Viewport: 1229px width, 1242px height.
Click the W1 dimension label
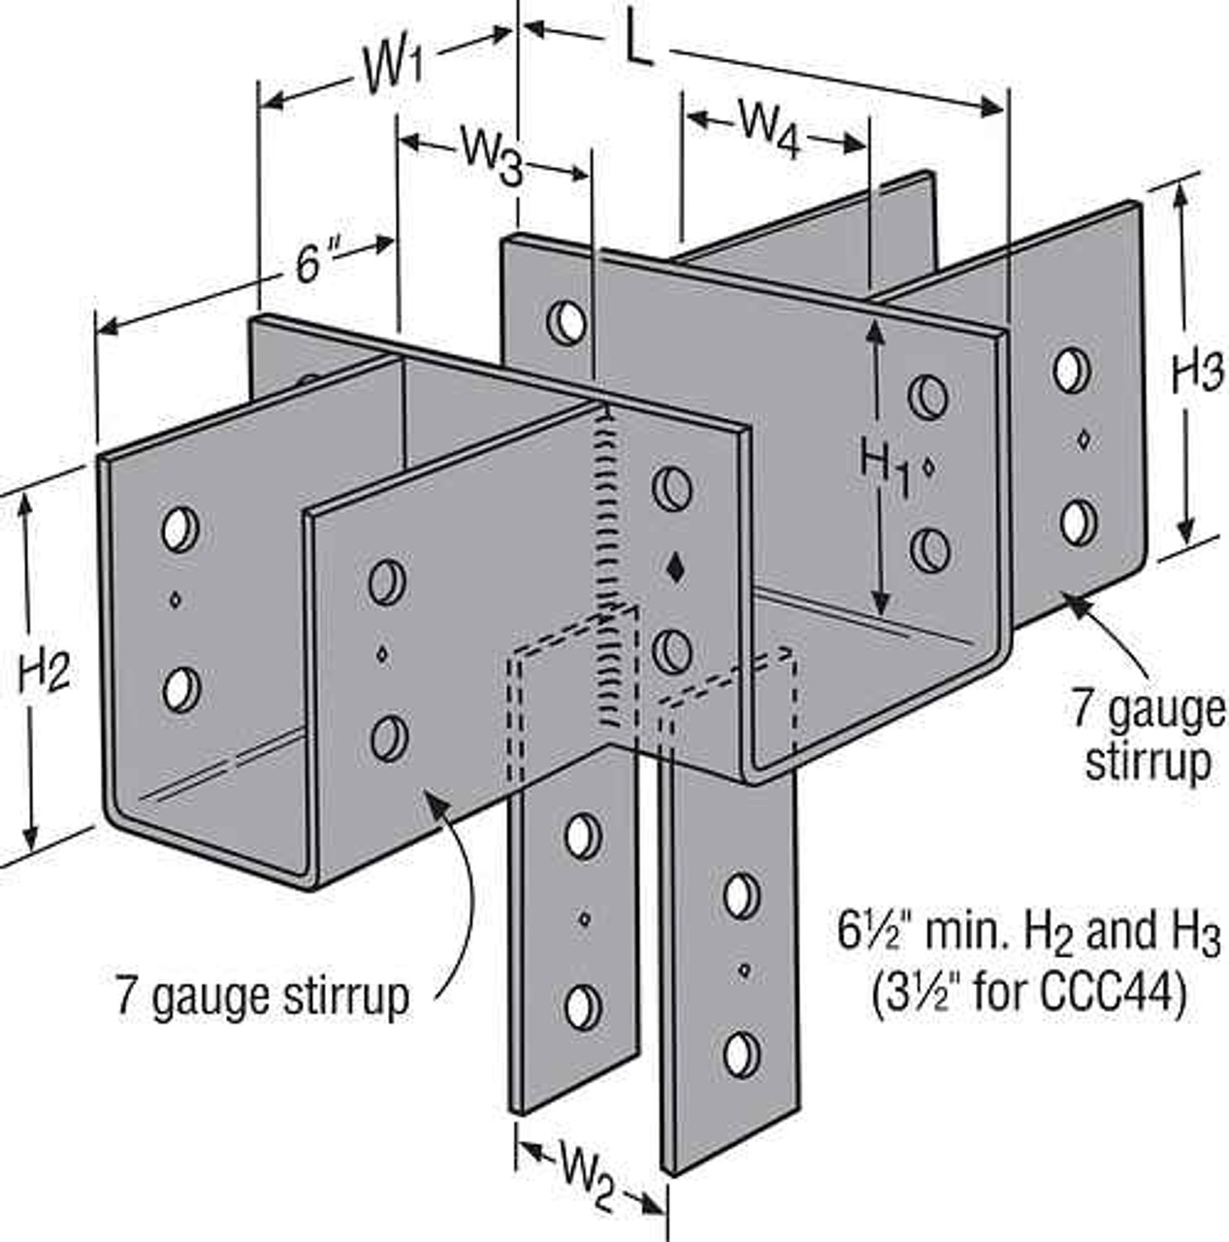click(394, 69)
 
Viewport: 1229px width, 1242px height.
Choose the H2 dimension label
click(44, 669)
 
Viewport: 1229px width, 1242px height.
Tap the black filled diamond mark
click(676, 569)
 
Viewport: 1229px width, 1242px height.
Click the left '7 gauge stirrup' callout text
click(262, 995)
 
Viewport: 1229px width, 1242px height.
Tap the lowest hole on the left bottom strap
click(581, 1007)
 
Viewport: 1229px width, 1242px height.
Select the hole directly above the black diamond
click(671, 487)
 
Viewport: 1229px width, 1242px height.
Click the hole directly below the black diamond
click(671, 650)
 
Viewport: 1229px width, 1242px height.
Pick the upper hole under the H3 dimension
click(1071, 371)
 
